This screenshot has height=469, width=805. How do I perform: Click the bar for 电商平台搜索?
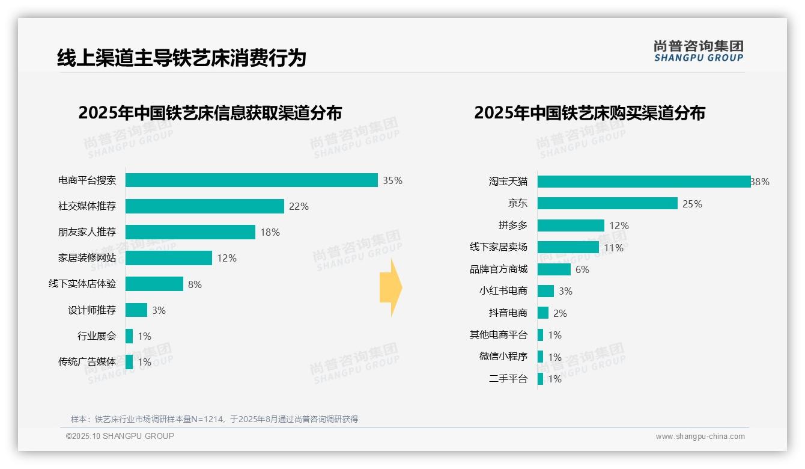coord(251,180)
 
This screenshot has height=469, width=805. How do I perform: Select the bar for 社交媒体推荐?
coord(204,206)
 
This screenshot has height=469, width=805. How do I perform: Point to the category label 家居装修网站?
coord(87,258)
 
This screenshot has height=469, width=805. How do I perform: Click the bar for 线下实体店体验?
coord(154,284)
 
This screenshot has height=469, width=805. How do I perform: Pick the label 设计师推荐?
coord(92,310)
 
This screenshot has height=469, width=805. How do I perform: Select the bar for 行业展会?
coord(129,336)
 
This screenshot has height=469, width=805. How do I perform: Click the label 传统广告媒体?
coord(87,362)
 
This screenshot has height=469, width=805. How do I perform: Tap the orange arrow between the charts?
coord(390,287)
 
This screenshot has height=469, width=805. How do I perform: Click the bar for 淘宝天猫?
coord(643,182)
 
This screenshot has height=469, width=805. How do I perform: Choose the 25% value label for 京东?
coord(692,204)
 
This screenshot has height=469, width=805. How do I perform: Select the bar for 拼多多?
coord(571,225)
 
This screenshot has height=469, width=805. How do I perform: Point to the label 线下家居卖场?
coord(499,247)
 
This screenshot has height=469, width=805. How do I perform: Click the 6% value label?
coord(582,269)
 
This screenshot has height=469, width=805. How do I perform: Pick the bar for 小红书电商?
coord(545,291)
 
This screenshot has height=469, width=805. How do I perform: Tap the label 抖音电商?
coord(508,313)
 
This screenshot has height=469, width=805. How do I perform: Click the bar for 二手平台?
coord(540,379)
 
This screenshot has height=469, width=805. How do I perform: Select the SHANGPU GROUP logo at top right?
coord(698,51)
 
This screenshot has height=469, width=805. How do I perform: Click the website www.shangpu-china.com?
coord(700,437)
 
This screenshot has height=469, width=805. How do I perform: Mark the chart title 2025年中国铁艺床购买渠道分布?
coord(589,113)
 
